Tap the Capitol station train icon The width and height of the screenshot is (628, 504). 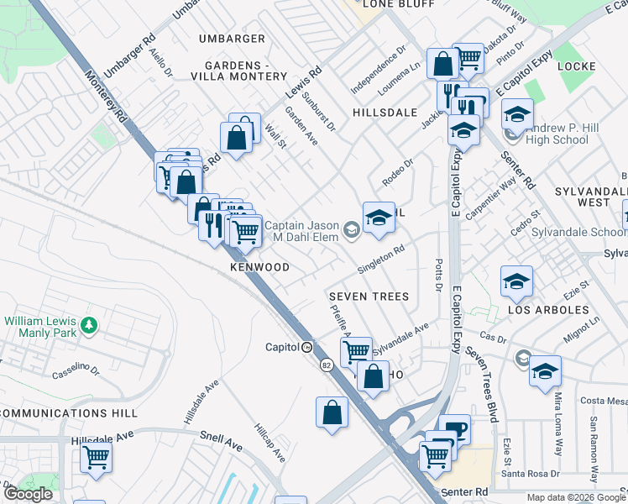point(307,347)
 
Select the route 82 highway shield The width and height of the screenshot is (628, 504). point(325,365)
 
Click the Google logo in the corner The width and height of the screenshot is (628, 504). point(28,494)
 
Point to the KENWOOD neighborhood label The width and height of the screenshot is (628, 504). point(259,267)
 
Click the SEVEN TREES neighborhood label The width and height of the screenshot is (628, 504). point(369,297)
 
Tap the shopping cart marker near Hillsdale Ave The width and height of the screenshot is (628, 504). point(97,458)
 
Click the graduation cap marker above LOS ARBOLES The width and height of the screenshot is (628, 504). point(516,281)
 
